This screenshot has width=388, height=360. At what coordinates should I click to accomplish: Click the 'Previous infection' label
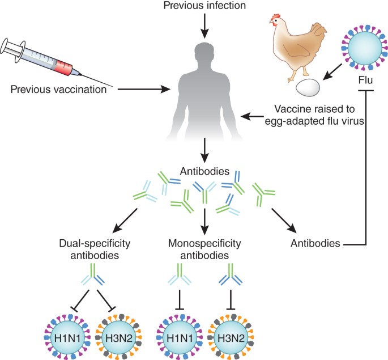[x=204, y=6]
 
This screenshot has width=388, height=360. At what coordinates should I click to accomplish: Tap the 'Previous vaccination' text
[x=59, y=89]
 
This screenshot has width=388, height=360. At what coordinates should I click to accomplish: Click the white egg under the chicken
[x=308, y=87]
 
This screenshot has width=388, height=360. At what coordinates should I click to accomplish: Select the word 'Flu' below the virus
[x=366, y=80]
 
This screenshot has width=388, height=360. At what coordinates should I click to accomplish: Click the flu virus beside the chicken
[x=364, y=48]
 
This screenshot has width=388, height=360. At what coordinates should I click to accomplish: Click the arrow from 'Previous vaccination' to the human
[x=144, y=89]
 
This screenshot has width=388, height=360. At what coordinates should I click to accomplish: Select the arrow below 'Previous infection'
[x=204, y=26]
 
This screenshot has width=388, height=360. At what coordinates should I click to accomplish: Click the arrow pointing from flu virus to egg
[x=332, y=72]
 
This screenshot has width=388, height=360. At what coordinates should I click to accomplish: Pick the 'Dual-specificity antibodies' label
[x=95, y=249]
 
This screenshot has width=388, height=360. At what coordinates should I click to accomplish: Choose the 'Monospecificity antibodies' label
[x=204, y=249]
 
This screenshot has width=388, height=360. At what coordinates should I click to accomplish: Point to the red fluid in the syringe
[x=64, y=66]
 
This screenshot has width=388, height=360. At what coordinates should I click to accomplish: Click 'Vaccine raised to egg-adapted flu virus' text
[x=314, y=115]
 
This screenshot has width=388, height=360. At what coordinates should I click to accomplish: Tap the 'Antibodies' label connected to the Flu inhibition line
[x=315, y=243]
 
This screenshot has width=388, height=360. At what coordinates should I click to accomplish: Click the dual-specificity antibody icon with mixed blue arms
[x=93, y=275]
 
